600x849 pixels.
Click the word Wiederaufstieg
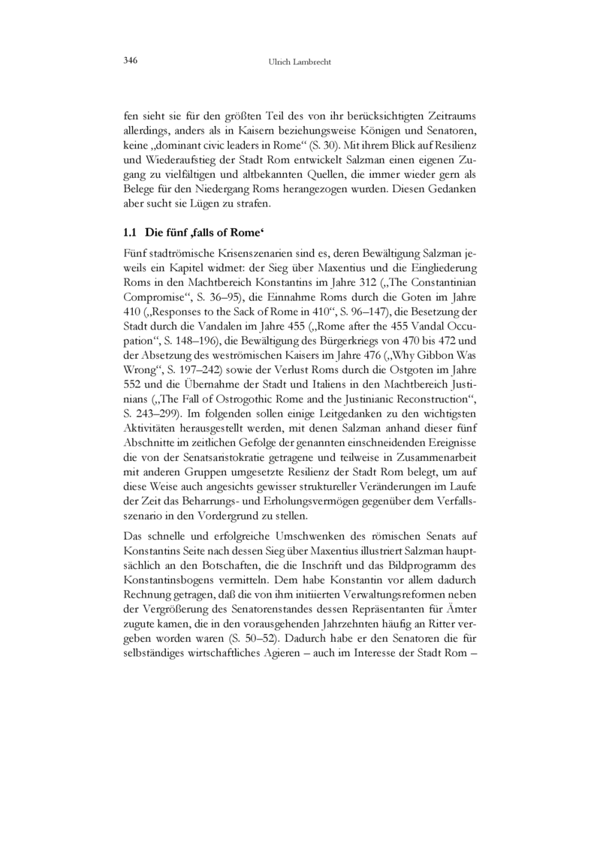(179, 160)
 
